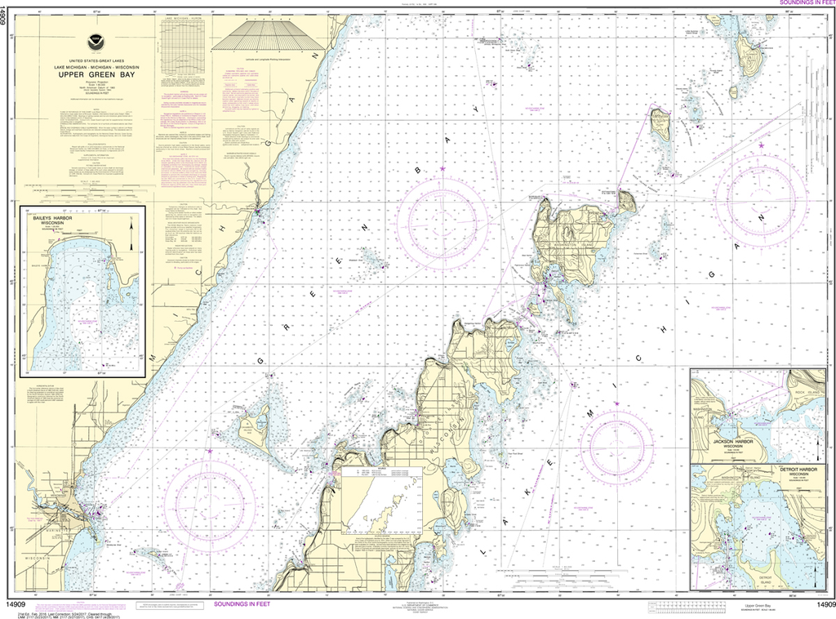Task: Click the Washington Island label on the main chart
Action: pos(576,240)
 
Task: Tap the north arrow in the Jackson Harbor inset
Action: pos(818,446)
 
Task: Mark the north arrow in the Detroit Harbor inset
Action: pos(818,495)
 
